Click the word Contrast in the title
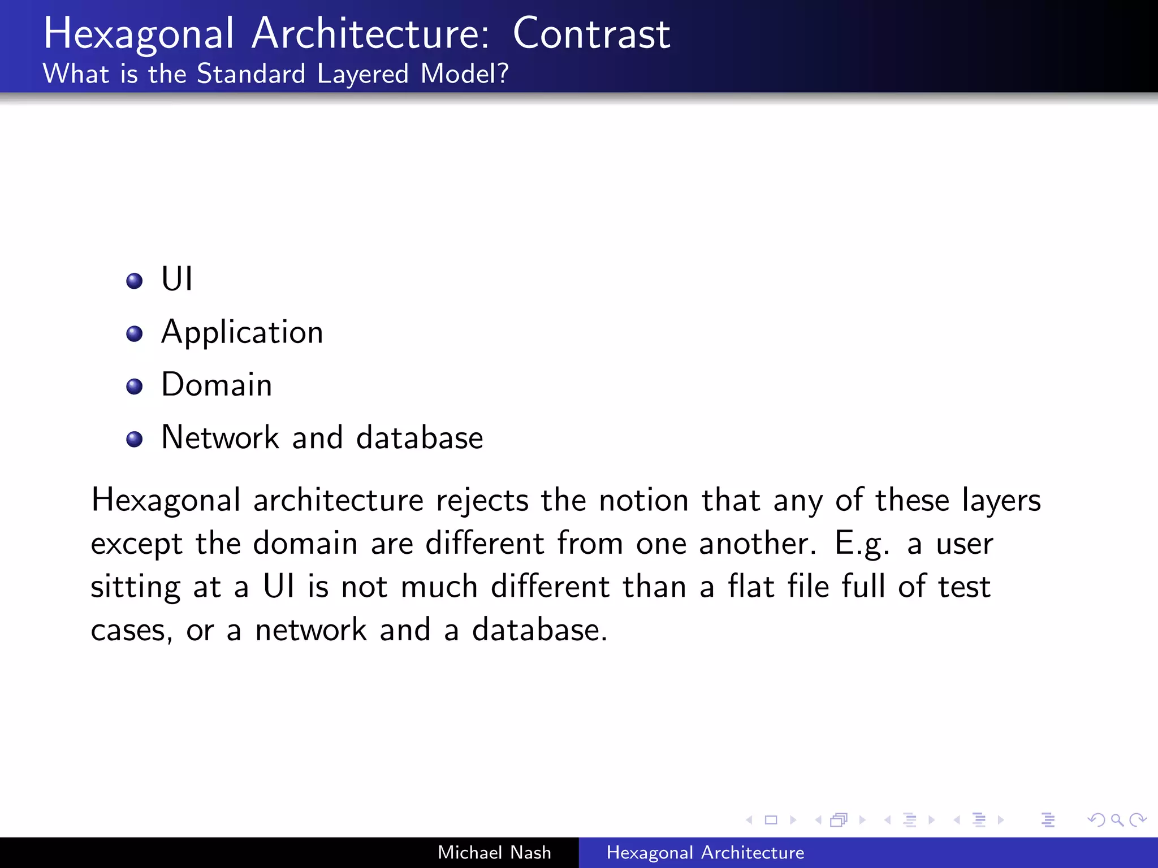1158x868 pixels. point(591,34)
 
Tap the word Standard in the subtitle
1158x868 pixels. point(251,74)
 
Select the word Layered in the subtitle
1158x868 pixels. point(362,74)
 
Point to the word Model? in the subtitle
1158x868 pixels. point(464,74)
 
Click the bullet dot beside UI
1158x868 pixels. point(135,281)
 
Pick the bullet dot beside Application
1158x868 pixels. point(135,333)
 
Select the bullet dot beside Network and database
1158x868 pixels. point(135,439)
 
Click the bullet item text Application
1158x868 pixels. point(242,332)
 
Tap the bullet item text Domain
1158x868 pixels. point(217,385)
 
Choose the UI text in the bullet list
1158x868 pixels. point(177,279)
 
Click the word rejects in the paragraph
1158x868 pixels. point(482,501)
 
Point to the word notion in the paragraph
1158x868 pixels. point(643,501)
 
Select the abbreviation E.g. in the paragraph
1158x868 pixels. point(862,544)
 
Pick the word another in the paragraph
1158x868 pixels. point(757,544)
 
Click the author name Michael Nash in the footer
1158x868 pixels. point(494,852)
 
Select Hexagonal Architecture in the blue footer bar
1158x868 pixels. point(705,852)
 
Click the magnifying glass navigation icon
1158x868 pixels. point(1117,820)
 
